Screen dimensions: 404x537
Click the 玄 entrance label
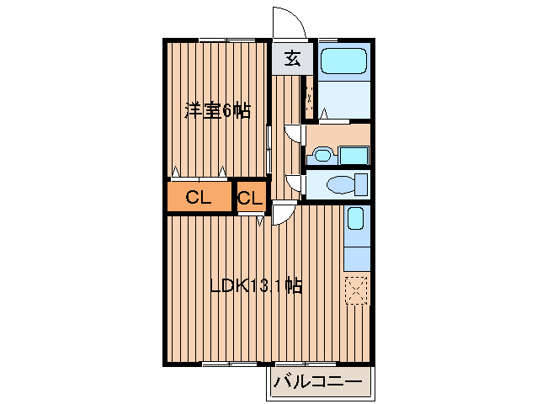coord(292,59)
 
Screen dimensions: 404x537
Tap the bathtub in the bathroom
coord(345,61)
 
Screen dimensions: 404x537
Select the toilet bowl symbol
coord(342,183)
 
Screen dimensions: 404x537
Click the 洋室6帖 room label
coord(217,110)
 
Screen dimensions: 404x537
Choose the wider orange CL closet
coord(199,198)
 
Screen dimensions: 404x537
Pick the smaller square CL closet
coord(249,199)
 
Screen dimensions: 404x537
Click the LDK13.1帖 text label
coord(256,286)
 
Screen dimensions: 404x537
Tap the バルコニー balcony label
coord(318,384)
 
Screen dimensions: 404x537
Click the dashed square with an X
coord(357,290)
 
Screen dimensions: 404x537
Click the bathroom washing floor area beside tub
coord(345,101)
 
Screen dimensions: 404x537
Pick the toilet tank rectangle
coord(363,183)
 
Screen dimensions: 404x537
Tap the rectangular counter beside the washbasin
coord(354,155)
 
